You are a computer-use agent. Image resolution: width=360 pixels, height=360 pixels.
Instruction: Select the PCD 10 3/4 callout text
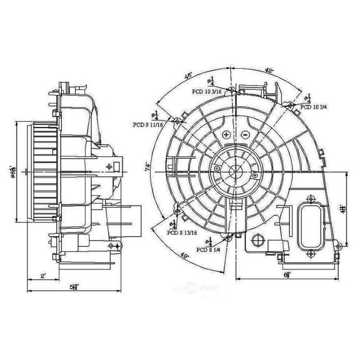pos(316,107)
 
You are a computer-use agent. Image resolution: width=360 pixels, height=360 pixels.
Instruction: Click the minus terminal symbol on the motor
pos(245,134)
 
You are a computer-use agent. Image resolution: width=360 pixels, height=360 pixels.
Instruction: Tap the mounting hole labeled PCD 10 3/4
pos(291,106)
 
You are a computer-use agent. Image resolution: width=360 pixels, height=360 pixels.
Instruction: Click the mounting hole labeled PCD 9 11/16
pos(177,119)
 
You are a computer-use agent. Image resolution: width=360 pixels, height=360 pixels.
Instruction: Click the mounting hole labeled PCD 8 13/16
pos(177,213)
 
